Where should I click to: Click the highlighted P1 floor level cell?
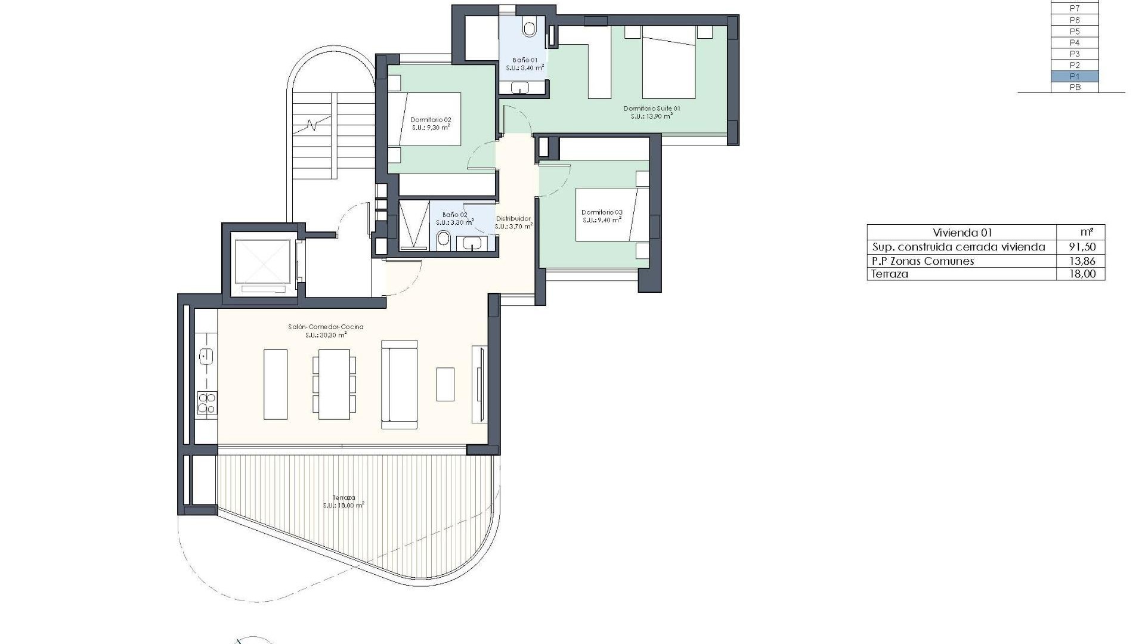pyautogui.click(x=1074, y=76)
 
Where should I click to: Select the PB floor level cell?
pyautogui.click(x=1074, y=88)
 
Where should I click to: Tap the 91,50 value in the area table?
pyautogui.click(x=1082, y=247)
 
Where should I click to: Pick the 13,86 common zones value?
pyautogui.click(x=1082, y=261)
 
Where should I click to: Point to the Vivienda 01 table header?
pyautogui.click(x=961, y=233)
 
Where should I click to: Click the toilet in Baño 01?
pyautogui.click(x=529, y=27)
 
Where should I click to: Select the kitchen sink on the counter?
pyautogui.click(x=206, y=357)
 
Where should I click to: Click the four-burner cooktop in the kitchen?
pyautogui.click(x=206, y=402)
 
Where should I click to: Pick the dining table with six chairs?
pyautogui.click(x=334, y=384)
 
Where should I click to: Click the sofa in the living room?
pyautogui.click(x=399, y=384)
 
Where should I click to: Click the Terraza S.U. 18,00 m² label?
pyautogui.click(x=344, y=501)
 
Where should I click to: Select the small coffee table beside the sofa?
pyautogui.click(x=445, y=384)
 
